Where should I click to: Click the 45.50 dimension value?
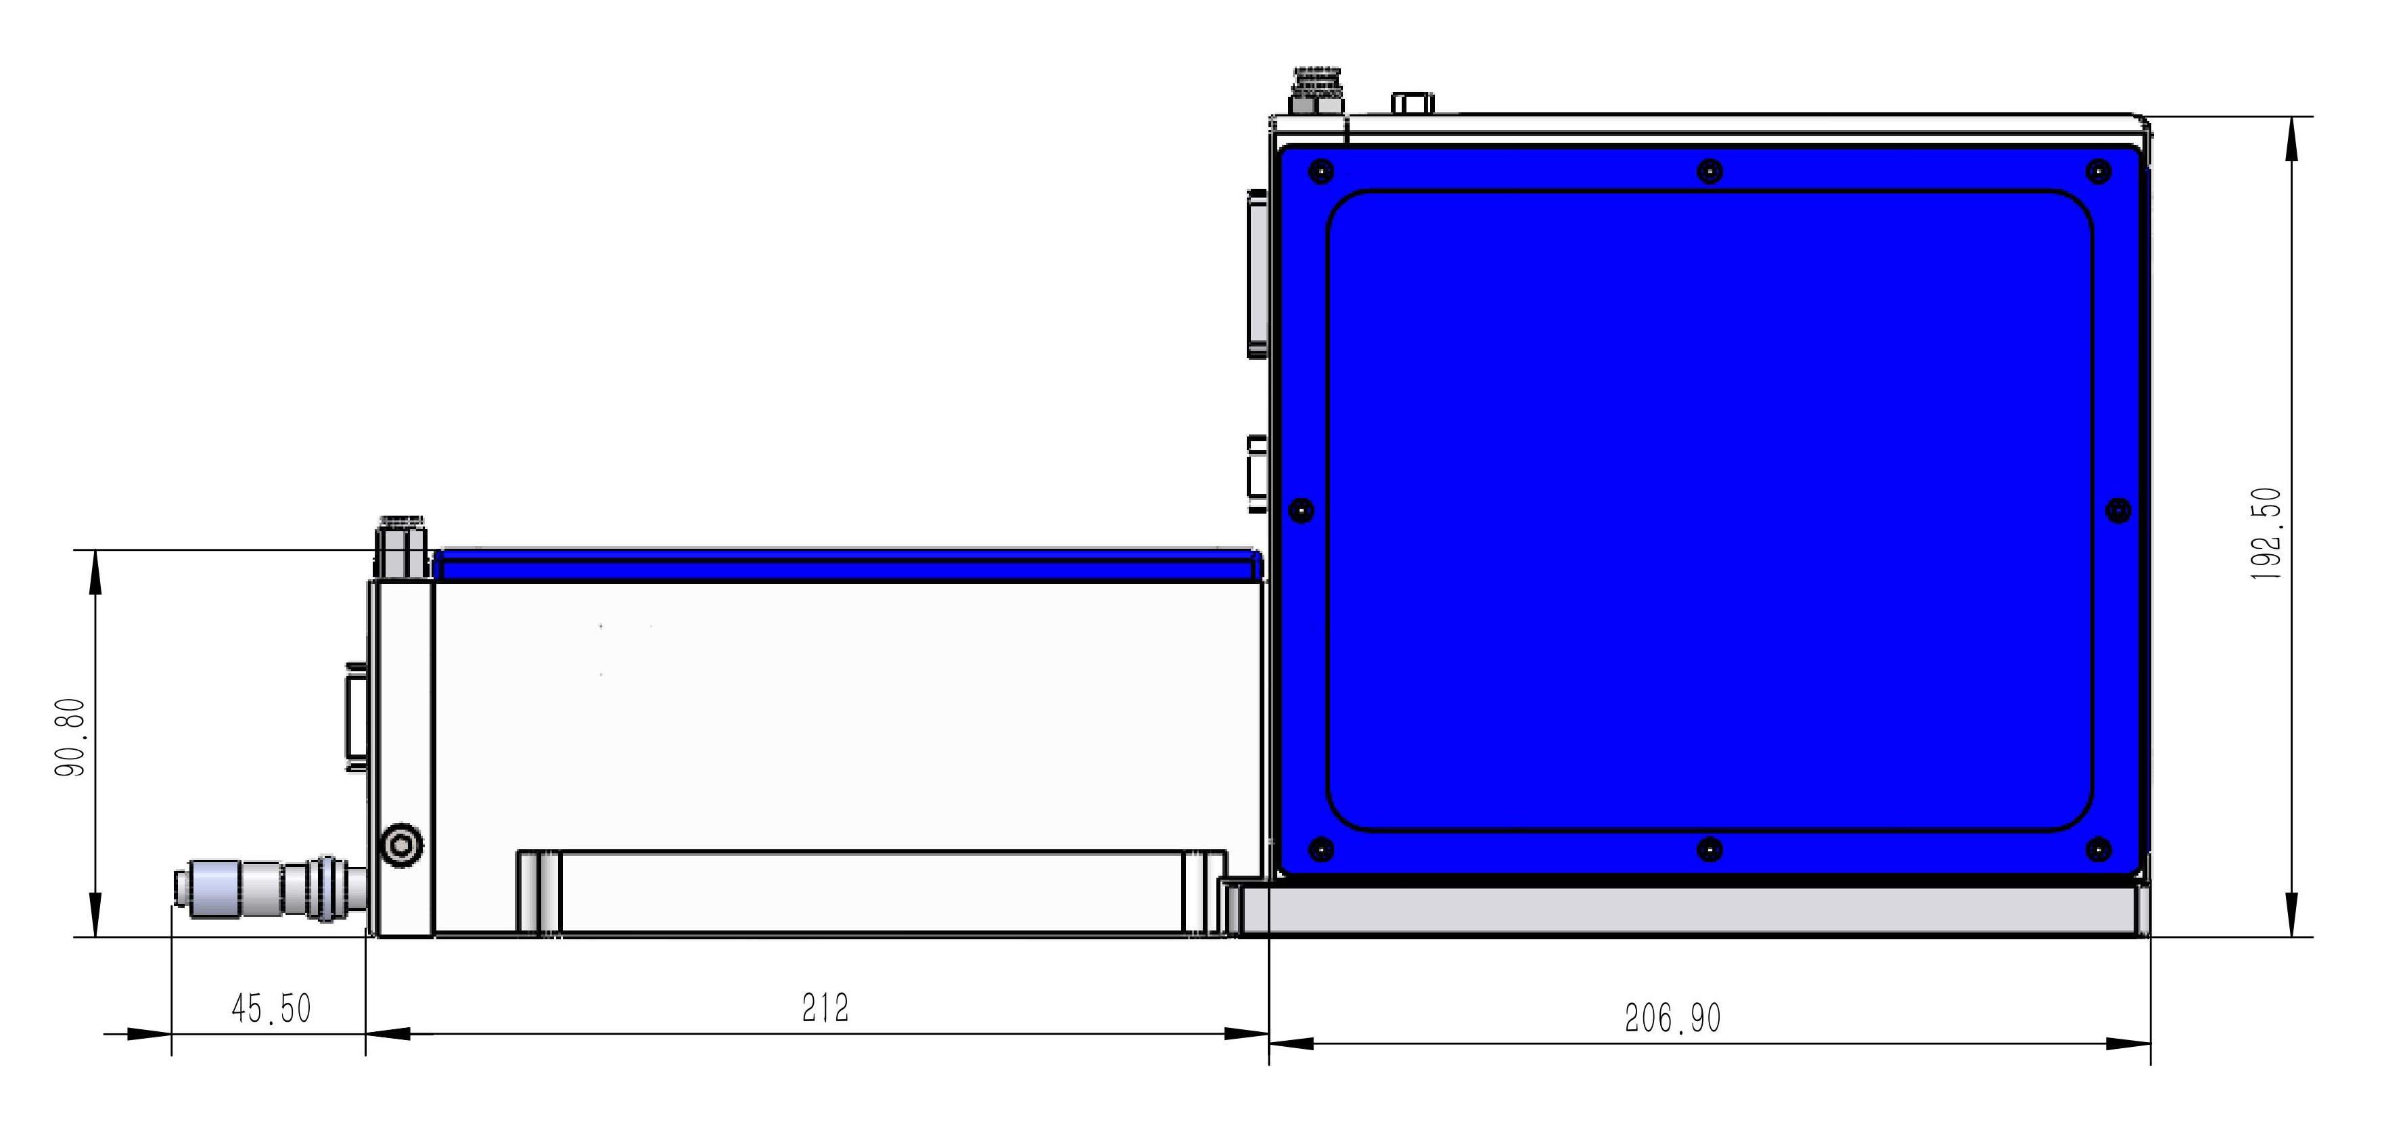point(271,1008)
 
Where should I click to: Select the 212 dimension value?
point(825,1008)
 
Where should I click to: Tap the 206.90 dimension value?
point(1673,1018)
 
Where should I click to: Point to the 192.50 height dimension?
point(2266,534)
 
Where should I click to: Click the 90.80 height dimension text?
point(71,737)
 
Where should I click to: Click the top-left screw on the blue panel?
point(1323,171)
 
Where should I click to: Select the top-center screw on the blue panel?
point(1710,171)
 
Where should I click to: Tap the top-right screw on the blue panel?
point(2098,171)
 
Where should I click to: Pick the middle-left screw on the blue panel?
point(1301,510)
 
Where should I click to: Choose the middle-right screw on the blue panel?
point(2118,510)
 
